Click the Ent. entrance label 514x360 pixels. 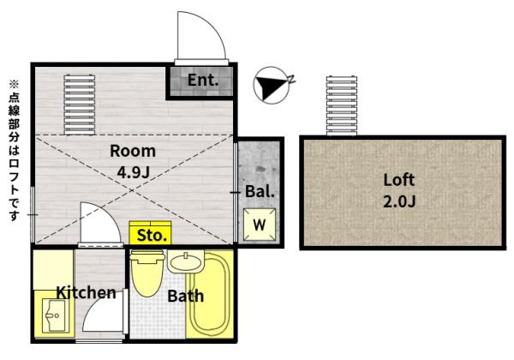(203, 80)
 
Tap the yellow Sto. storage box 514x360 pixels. (151, 233)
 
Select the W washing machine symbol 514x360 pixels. (260, 225)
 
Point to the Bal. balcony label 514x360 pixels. (260, 191)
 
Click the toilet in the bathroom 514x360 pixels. (146, 273)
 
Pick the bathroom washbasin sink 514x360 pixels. (186, 261)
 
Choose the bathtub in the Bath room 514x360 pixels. (210, 294)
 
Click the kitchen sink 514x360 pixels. (55, 315)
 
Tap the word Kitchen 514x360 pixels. (87, 292)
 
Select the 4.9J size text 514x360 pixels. (134, 171)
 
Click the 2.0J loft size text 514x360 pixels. (399, 201)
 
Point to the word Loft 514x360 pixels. (399, 180)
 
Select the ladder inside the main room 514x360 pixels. (80, 105)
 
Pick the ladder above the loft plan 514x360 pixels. (342, 105)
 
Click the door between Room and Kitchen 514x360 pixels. (100, 224)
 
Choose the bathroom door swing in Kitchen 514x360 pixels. (105, 311)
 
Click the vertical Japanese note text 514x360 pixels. (14, 151)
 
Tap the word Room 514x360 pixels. (133, 151)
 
